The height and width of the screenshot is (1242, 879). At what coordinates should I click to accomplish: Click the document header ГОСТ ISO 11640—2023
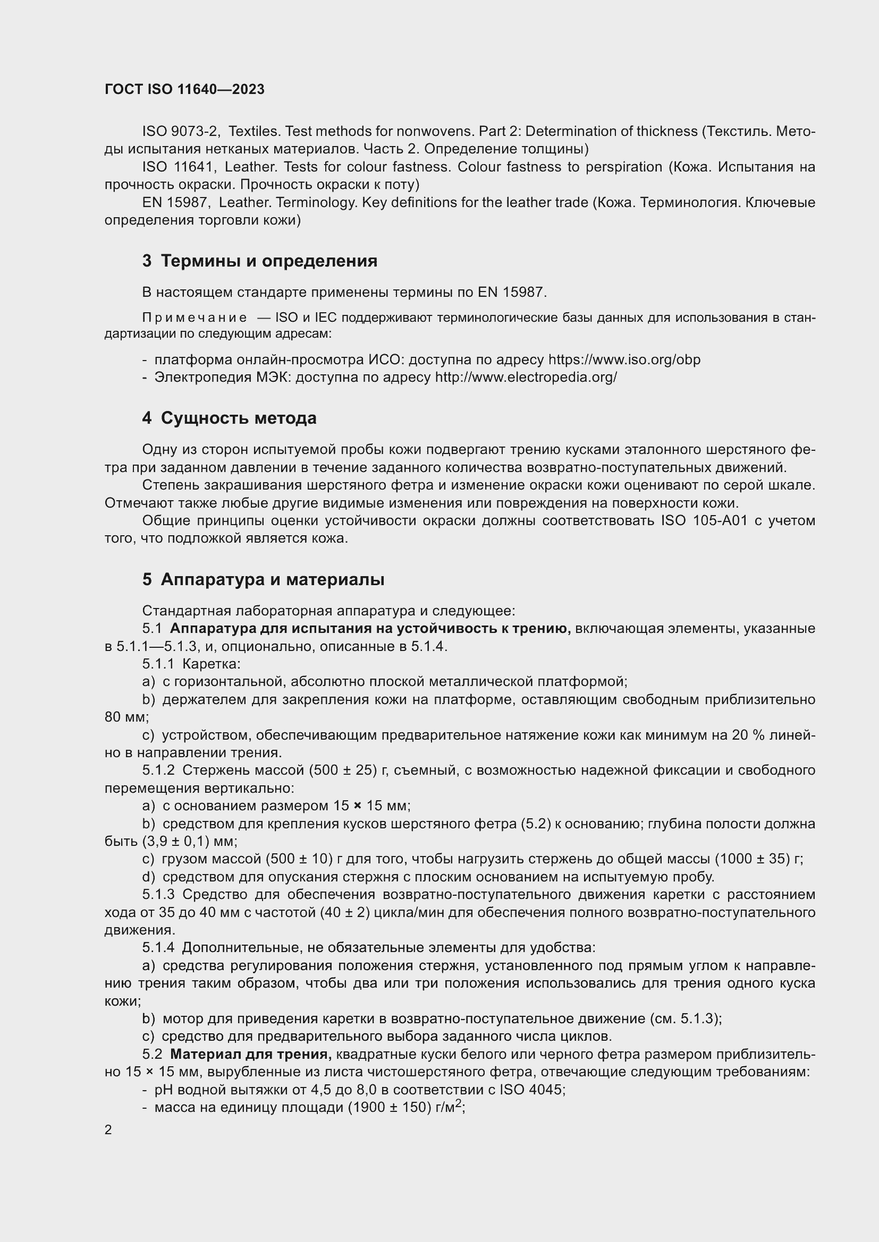tap(184, 90)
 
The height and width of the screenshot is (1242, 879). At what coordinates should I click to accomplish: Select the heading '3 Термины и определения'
tap(260, 261)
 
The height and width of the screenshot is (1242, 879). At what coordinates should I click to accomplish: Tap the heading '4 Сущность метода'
tap(230, 418)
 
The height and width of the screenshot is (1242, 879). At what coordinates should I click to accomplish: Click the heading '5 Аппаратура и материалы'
tap(264, 580)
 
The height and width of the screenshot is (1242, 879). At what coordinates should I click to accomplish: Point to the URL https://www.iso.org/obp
tap(624, 359)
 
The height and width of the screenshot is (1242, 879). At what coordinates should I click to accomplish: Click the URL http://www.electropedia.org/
tap(526, 378)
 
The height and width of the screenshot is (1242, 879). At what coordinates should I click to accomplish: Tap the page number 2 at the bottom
tap(108, 1130)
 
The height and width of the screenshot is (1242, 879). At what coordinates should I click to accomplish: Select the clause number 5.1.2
tap(158, 770)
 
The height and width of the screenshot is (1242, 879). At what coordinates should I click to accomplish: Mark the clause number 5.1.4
tap(158, 948)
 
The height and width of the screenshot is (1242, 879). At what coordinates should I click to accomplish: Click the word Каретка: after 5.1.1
tap(212, 664)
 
